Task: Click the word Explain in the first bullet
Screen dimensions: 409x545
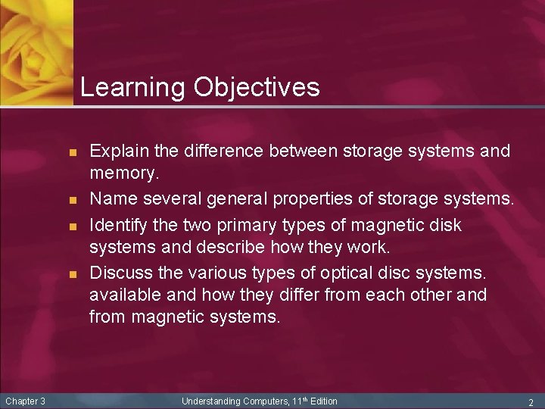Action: click(115, 151)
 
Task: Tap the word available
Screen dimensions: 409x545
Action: click(122, 294)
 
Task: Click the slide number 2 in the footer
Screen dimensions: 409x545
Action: click(531, 401)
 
